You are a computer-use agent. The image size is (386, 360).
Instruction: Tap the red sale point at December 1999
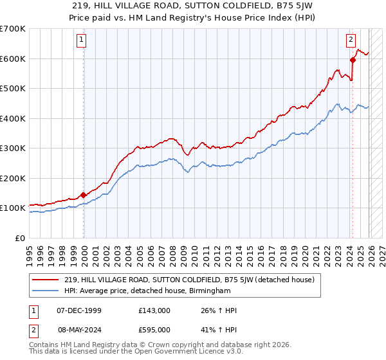84,195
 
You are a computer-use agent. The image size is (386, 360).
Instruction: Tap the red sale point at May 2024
353,60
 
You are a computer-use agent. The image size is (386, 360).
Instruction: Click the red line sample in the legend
46,280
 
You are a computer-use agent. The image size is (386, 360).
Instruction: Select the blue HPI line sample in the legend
46,291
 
